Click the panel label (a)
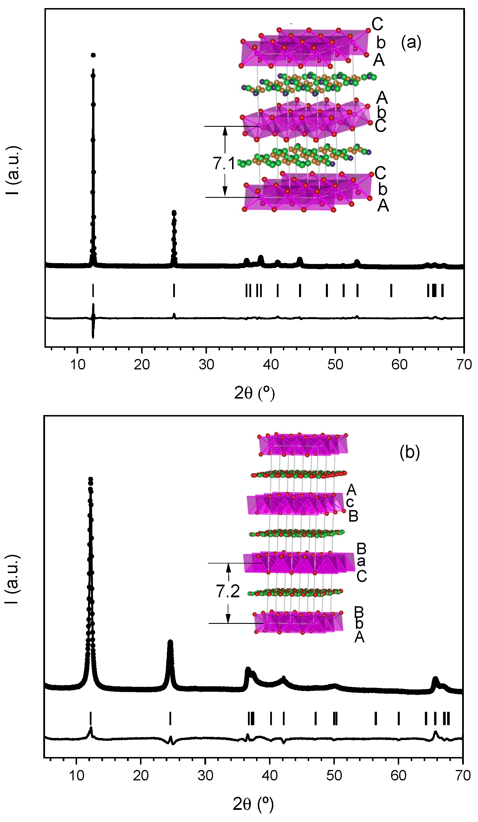click(x=411, y=43)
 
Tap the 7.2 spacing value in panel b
click(x=227, y=592)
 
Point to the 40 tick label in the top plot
click(x=271, y=364)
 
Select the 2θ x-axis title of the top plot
click(x=254, y=393)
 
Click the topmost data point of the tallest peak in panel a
click(x=93, y=55)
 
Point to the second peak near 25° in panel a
click(x=174, y=214)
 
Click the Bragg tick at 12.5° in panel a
click(x=93, y=290)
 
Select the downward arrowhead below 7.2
click(x=228, y=618)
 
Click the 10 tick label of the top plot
click(x=77, y=364)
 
